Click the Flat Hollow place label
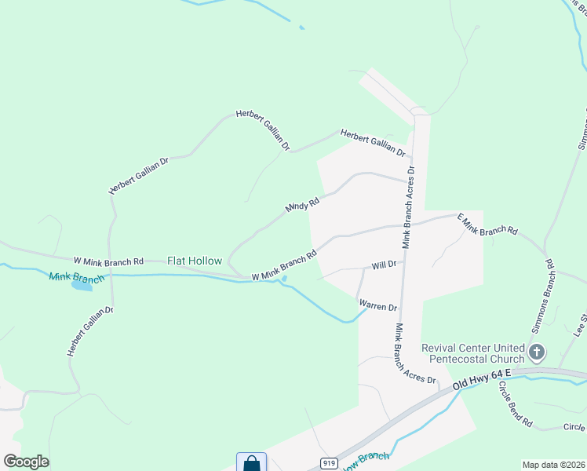pos(195,261)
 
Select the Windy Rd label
pos(303,204)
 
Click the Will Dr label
pos(384,265)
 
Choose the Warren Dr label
pos(377,305)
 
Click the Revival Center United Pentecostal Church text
pos(472,353)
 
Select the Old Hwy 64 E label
pos(483,378)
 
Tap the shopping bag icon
pos(252,463)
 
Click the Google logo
pos(26,462)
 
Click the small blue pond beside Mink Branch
pos(81,285)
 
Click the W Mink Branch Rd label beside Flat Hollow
pos(109,261)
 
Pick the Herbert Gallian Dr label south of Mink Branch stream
pos(90,332)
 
